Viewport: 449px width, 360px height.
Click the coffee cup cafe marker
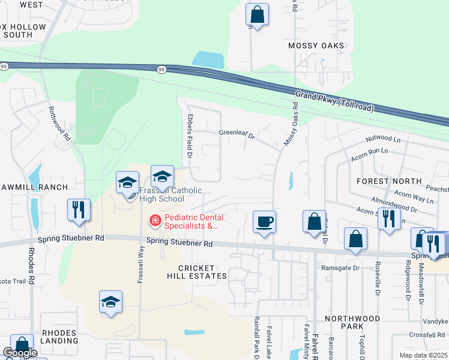264,221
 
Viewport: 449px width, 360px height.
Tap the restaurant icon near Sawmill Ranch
79,209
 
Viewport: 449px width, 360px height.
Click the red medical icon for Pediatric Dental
155,221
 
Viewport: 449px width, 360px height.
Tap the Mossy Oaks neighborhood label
316,46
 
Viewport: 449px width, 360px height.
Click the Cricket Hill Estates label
197,271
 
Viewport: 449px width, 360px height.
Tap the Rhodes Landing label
59,337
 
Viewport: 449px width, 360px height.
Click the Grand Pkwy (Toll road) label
334,101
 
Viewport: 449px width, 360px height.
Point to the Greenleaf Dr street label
237,134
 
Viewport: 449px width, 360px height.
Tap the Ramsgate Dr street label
340,268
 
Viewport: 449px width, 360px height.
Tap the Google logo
20,353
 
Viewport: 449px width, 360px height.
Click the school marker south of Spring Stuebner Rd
110,301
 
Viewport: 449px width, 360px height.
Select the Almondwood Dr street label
394,204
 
